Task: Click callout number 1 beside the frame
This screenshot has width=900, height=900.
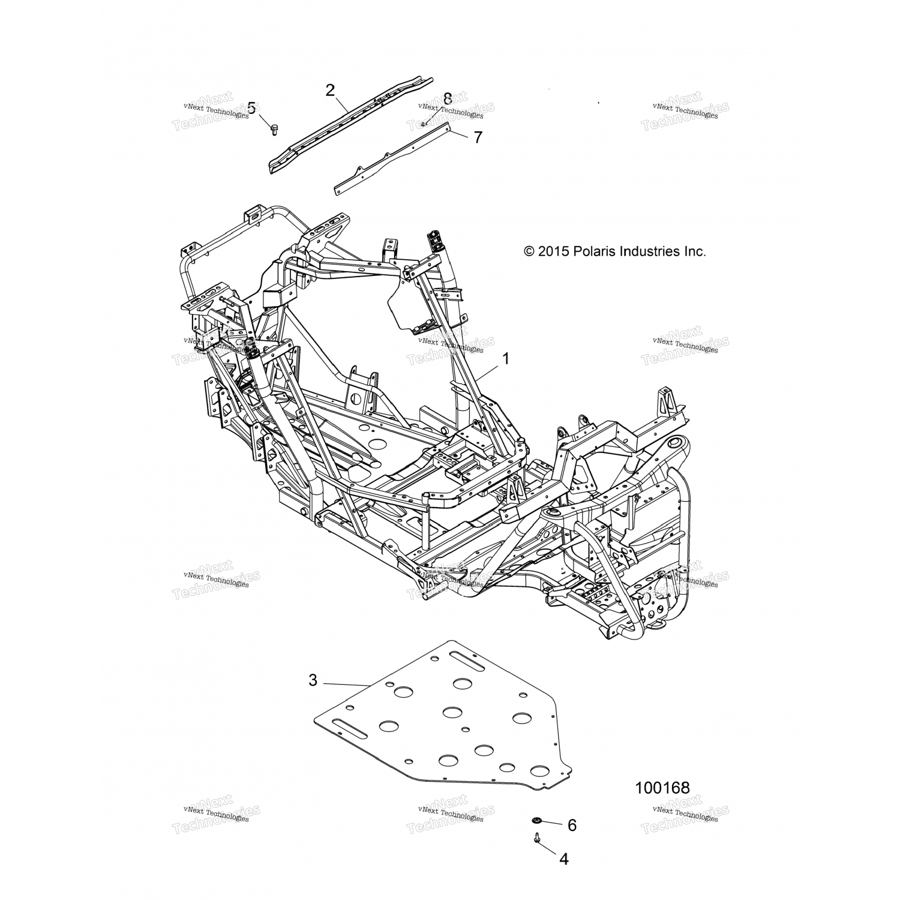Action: coord(505,359)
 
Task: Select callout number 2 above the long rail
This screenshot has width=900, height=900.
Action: coord(330,91)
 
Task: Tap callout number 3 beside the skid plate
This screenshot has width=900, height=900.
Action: coord(313,680)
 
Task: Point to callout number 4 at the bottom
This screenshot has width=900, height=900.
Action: coord(563,859)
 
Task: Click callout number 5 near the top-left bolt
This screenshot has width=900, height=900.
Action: coord(251,108)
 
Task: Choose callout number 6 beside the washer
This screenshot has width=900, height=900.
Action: coord(572,826)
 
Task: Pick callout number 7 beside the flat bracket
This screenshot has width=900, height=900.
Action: coord(478,137)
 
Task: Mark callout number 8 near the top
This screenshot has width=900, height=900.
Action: coord(447,99)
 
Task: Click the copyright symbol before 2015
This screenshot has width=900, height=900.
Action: coord(529,251)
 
